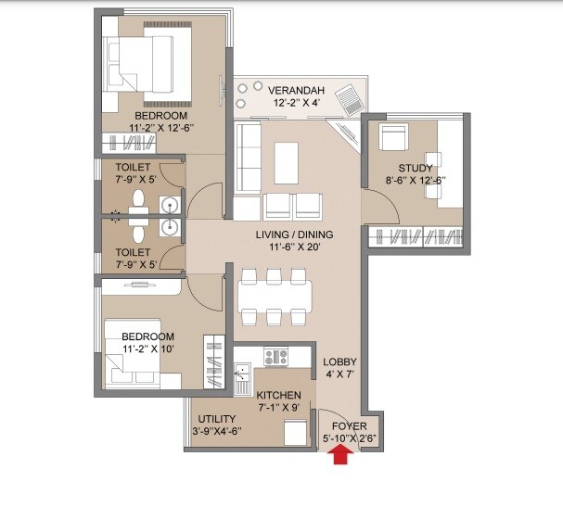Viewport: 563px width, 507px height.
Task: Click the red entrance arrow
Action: [341, 453]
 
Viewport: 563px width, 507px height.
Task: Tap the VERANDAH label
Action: [296, 90]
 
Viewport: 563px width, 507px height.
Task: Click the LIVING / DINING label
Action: [294, 234]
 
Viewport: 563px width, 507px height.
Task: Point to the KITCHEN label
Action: [278, 395]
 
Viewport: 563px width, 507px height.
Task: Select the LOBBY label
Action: [339, 361]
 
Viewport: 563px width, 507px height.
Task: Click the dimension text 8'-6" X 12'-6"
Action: [416, 181]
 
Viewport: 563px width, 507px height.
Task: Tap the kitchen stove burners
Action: [276, 355]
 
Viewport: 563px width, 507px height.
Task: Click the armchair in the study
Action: [392, 139]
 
